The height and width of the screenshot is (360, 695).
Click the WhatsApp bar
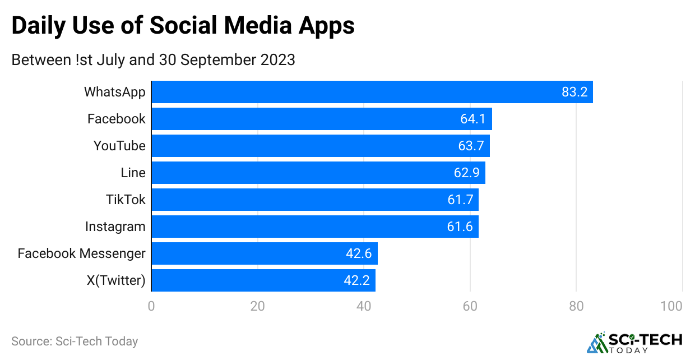point(372,92)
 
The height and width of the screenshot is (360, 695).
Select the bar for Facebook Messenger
point(265,253)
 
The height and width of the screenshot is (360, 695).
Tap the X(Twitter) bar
point(263,280)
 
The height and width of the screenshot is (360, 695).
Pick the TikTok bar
point(315,200)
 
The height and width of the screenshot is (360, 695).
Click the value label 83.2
point(574,92)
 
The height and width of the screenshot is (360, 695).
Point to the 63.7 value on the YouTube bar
point(471,146)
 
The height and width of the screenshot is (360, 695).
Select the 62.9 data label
point(467,173)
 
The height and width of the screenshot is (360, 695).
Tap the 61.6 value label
point(460,227)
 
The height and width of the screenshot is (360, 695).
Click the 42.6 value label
point(359,253)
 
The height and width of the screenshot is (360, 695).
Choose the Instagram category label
point(115,227)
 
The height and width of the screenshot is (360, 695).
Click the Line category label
point(133,173)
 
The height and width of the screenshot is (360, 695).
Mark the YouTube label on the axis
point(119,146)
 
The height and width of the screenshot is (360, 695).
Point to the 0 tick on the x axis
point(151,306)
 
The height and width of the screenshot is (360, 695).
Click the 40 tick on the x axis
point(364,306)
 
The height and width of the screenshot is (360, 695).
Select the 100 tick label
point(671,306)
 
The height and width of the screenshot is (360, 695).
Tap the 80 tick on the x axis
point(576,306)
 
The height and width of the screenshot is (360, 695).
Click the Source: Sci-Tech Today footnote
point(75,341)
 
